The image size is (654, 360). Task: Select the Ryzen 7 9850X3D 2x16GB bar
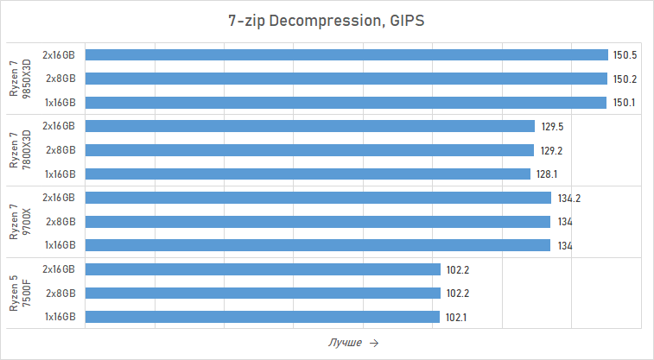[x=346, y=55]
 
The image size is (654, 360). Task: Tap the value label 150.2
[x=625, y=79]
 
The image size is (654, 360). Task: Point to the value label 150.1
[x=625, y=102]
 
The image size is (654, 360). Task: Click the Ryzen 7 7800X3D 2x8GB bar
[x=310, y=150]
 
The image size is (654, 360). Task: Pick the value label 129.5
[x=552, y=126]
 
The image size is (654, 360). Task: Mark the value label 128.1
[x=548, y=174]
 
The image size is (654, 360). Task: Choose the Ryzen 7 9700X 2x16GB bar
[x=318, y=198]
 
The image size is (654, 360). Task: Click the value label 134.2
[x=569, y=198]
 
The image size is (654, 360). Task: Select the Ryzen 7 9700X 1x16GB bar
[x=318, y=245]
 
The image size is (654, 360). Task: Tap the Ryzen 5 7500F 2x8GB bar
[x=264, y=293]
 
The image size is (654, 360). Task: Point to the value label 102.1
[x=457, y=317]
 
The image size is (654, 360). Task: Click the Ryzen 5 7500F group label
[x=19, y=293]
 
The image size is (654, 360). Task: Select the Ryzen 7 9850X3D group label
[x=19, y=79]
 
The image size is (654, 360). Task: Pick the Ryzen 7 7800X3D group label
[x=19, y=150]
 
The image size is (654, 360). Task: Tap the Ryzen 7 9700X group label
[x=19, y=221]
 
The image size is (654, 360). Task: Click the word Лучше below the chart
[x=345, y=343]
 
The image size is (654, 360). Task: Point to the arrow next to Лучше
[x=374, y=343]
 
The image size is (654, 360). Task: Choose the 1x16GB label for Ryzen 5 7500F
[x=60, y=317]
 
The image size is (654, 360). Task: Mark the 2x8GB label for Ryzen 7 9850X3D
[x=61, y=79]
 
